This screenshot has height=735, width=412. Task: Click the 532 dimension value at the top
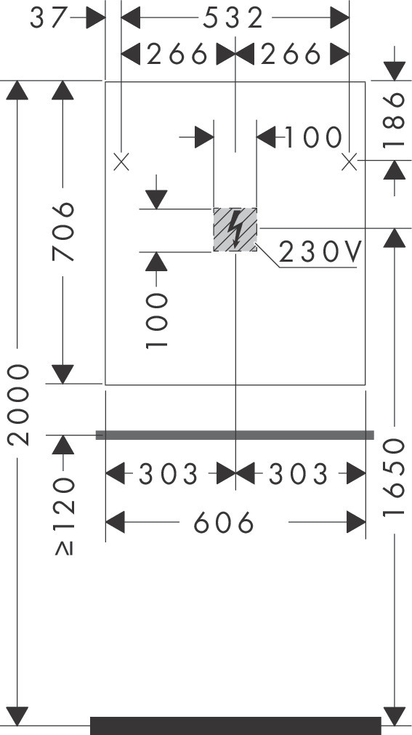(x=233, y=18)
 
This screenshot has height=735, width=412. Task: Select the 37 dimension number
(x=49, y=18)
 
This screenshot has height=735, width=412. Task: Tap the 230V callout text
(x=320, y=252)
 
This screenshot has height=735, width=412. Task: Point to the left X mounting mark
(x=121, y=163)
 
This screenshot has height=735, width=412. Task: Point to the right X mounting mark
(x=350, y=163)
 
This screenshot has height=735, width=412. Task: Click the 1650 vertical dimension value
(x=394, y=477)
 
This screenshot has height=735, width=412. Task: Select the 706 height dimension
(x=63, y=232)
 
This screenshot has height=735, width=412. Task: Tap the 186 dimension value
(x=394, y=119)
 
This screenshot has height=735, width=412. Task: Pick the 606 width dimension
(x=224, y=522)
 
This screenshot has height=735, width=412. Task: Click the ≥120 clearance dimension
(x=64, y=515)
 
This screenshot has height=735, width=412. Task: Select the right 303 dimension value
(x=298, y=474)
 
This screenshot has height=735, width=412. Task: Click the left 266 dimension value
(x=177, y=55)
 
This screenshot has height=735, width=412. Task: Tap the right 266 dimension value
(x=291, y=55)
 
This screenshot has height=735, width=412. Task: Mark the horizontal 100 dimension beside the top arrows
(x=313, y=138)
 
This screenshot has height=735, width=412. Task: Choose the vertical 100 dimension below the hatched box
(x=156, y=321)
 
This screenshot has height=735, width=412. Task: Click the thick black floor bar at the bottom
(x=235, y=726)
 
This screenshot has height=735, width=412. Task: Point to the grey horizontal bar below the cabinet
(x=235, y=435)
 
